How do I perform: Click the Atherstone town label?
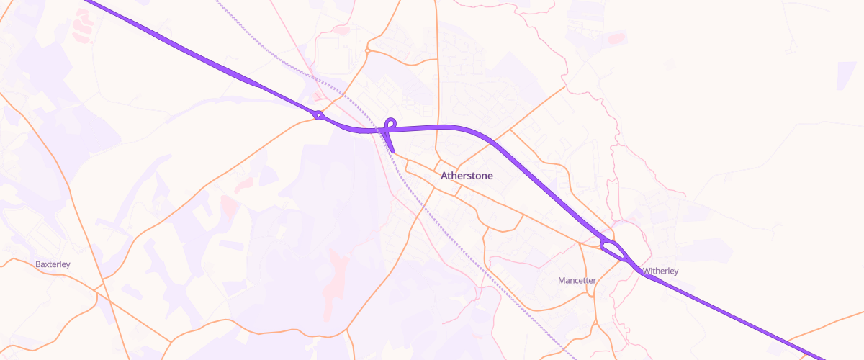(466, 176)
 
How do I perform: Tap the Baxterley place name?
(53, 264)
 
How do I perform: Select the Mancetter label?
(577, 280)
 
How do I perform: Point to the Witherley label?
(660, 271)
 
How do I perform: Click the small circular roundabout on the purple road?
(318, 115)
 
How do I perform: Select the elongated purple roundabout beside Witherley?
(613, 250)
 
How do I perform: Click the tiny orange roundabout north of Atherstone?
(368, 51)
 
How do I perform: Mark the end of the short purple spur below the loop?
(394, 152)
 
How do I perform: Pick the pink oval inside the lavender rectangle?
(616, 37)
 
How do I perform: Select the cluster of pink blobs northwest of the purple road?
(81, 25)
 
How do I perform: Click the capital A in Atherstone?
(443, 176)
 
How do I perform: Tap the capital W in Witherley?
(646, 271)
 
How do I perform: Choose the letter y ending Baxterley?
(68, 266)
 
